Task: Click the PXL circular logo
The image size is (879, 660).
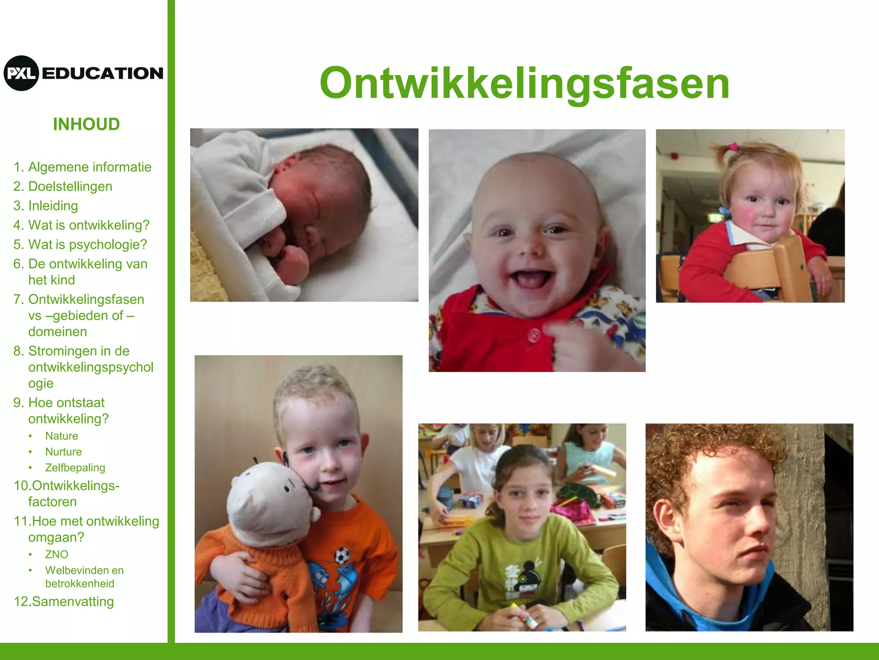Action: click(21, 73)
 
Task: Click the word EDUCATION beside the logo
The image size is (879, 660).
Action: click(103, 73)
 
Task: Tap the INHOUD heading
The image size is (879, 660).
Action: click(86, 124)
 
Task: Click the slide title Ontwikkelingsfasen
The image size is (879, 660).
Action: click(524, 83)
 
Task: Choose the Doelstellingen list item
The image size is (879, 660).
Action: click(70, 186)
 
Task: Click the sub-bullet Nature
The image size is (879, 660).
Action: click(61, 436)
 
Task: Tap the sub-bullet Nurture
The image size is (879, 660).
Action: click(63, 452)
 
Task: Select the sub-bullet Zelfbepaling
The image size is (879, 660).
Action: click(75, 467)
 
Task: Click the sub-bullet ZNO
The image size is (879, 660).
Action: click(56, 554)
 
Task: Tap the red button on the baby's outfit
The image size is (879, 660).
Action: click(534, 334)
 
